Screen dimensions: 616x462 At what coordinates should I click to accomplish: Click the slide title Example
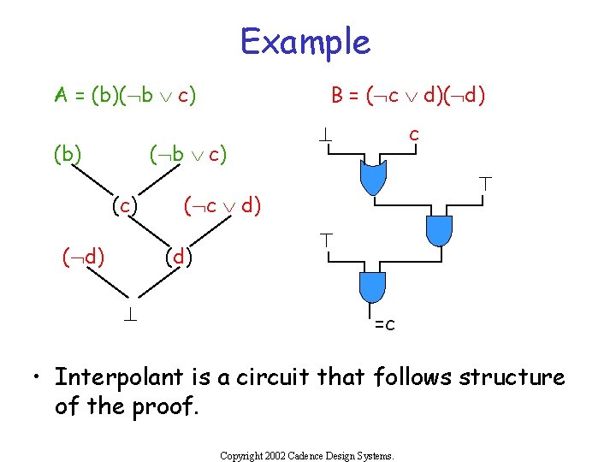click(305, 41)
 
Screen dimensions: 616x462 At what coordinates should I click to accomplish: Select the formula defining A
click(126, 94)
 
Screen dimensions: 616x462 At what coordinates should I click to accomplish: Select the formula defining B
click(409, 94)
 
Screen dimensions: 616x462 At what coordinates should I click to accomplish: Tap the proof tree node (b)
click(68, 155)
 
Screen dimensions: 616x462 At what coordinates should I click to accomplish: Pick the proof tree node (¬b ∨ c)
click(187, 155)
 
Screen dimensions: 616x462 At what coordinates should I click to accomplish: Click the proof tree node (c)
click(125, 205)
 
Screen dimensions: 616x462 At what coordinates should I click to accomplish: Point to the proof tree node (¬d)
click(82, 255)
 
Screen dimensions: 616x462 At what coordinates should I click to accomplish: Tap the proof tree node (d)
click(179, 255)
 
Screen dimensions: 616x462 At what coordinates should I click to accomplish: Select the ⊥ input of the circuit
click(326, 135)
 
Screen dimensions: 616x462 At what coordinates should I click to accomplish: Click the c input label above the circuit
click(414, 134)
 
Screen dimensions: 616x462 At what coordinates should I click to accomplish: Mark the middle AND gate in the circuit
click(437, 229)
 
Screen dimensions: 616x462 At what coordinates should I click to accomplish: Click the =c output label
click(384, 324)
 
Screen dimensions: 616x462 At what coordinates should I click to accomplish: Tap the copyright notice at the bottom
click(307, 456)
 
